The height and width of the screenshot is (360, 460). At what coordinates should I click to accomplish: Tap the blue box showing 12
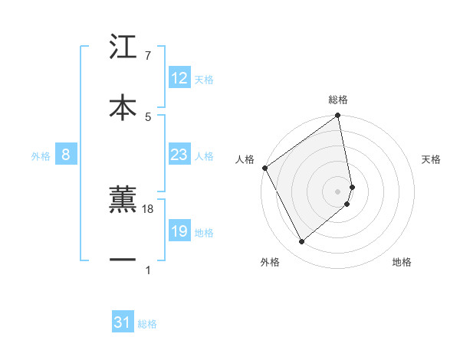(179, 78)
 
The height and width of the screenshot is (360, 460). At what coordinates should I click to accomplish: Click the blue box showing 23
(179, 155)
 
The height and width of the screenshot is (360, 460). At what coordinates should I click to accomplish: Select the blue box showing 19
(179, 231)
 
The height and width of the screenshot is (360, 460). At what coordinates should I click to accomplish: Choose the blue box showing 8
(66, 155)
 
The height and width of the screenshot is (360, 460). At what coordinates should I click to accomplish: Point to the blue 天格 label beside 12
(204, 80)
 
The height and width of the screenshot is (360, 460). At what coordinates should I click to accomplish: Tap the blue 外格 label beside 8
(41, 156)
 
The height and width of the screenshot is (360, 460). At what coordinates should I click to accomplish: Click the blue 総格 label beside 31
(147, 325)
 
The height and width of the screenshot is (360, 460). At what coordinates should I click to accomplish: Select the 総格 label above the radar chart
(338, 100)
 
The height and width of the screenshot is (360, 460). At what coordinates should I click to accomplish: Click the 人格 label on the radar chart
(245, 159)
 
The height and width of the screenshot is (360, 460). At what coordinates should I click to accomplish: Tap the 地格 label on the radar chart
(402, 263)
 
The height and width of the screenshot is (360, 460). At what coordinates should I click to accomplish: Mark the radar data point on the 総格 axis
(338, 116)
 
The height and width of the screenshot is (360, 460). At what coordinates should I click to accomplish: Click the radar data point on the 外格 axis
(301, 242)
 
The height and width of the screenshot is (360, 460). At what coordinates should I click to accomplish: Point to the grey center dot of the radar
(338, 191)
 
